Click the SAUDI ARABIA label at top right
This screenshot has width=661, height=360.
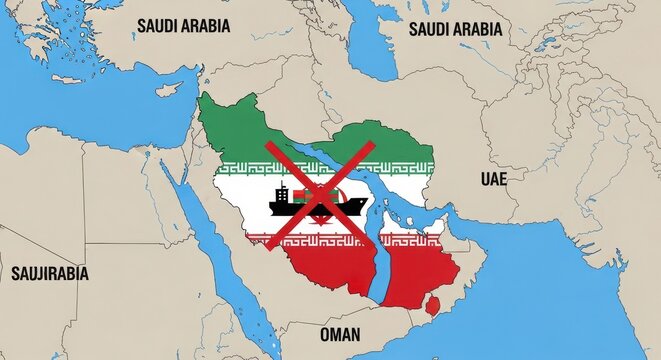coord(455,29)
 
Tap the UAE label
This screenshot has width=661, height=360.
coord(493,180)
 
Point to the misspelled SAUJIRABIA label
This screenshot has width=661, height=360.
coord(50,272)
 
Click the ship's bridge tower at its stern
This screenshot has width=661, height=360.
coord(282,194)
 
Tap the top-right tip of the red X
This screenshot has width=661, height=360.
coord(373,144)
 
